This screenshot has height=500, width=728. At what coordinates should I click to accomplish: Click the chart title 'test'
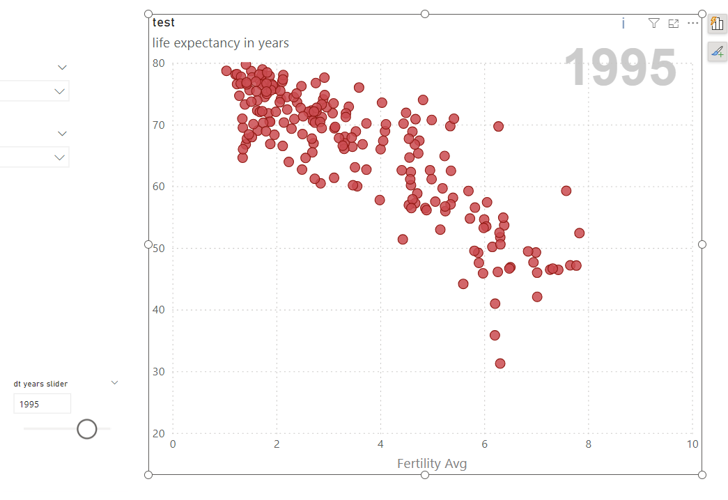(164, 22)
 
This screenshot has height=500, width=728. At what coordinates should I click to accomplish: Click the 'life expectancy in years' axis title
(220, 43)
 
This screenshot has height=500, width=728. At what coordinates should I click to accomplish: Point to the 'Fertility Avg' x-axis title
(432, 464)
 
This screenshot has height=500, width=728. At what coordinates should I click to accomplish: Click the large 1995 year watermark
(619, 68)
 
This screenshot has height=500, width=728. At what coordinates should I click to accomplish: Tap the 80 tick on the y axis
(159, 63)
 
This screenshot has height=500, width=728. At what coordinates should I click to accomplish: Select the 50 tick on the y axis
(159, 248)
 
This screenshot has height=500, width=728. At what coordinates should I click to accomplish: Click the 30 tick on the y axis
(159, 371)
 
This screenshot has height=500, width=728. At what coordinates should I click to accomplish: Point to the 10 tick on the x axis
(692, 445)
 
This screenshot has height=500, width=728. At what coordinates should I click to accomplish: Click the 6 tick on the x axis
(484, 445)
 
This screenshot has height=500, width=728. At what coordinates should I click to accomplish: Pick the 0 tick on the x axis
(173, 445)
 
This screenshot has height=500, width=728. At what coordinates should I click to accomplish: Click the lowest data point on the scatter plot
(499, 364)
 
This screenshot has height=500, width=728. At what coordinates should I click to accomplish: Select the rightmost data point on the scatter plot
(579, 233)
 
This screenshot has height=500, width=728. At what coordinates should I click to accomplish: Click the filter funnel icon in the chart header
(653, 24)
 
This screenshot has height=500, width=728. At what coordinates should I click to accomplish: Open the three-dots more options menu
(692, 24)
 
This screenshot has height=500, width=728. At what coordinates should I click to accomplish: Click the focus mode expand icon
(673, 24)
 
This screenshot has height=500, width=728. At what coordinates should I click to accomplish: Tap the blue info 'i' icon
(623, 24)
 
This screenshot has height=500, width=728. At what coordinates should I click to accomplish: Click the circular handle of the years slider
(86, 429)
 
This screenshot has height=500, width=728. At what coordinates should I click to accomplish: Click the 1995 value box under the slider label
(42, 404)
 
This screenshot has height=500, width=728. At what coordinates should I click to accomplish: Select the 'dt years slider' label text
(40, 384)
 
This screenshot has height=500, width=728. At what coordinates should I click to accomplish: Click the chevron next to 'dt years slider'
(115, 382)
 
